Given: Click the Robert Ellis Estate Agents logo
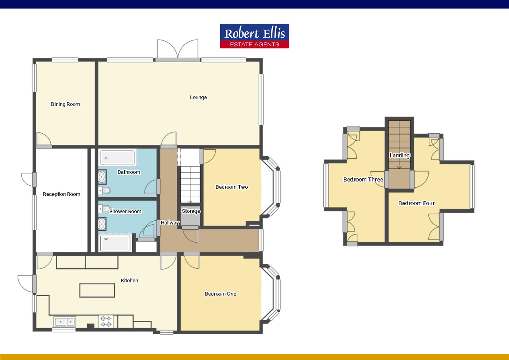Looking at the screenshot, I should (x=254, y=36).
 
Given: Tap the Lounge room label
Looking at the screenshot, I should (x=198, y=97).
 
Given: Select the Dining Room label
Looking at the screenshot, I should (x=65, y=104).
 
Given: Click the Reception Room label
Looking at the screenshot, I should (x=62, y=194).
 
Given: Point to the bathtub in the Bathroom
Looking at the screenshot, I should (x=117, y=157).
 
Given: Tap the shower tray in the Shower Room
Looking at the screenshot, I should (x=115, y=243).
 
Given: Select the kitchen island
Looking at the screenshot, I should (x=97, y=290).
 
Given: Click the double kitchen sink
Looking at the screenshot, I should (x=65, y=322).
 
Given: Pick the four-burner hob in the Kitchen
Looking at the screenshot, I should (x=106, y=322).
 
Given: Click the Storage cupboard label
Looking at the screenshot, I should (x=191, y=211).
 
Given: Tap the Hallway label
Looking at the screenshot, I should (x=170, y=223).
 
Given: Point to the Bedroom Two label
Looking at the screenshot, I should (x=232, y=187).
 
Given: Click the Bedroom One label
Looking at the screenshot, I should (x=220, y=294).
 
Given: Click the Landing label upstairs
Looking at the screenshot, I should (x=399, y=155).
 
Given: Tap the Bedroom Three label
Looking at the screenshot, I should (x=363, y=179).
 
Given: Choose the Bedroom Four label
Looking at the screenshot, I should (x=416, y=203).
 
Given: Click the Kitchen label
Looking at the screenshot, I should (x=129, y=280).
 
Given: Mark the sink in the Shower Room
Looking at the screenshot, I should (x=102, y=224).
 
